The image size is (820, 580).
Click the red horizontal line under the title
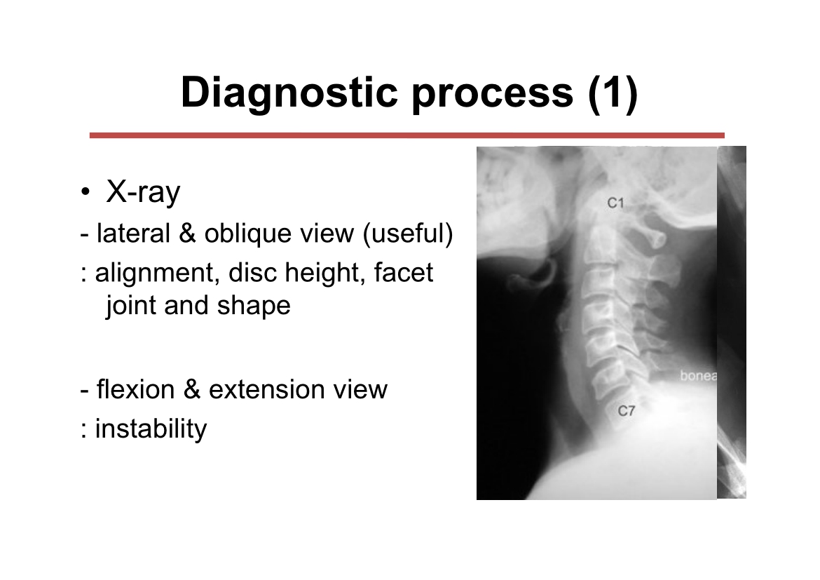[407, 135]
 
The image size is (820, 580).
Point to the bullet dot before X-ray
[86, 192]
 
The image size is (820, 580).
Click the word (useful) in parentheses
[408, 234]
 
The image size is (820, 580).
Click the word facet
[403, 273]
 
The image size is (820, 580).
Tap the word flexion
[135, 389]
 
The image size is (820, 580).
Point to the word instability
[151, 429]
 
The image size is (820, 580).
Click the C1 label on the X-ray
[615, 203]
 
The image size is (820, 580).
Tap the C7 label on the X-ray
[626, 411]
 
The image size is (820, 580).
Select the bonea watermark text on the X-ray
[698, 376]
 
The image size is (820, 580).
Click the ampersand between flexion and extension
[192, 389]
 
